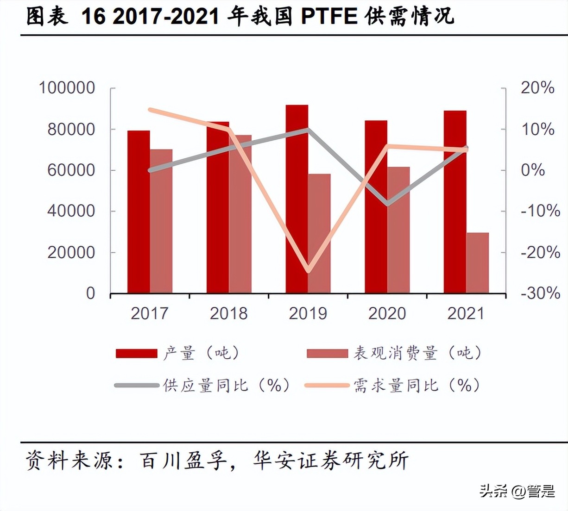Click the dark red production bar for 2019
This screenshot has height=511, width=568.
point(297,199)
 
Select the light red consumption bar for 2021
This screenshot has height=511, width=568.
point(477,263)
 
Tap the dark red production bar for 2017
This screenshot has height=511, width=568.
point(139,212)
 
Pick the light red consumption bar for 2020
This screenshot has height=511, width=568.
point(398,230)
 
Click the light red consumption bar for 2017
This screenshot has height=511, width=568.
point(161,221)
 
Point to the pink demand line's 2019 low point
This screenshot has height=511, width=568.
point(308,271)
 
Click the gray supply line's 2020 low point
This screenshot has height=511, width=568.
point(387,204)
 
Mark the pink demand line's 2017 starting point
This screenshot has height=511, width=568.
point(150,110)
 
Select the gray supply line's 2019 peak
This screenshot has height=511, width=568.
point(308,130)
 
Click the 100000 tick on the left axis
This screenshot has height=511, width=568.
point(67,88)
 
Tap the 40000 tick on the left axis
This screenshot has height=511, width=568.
point(71,211)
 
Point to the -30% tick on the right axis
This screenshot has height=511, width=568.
point(540,293)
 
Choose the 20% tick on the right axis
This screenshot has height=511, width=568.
point(537,88)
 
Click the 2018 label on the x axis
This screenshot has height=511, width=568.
point(229,313)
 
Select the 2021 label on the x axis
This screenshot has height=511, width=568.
point(466,313)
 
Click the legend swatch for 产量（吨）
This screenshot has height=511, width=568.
point(137,354)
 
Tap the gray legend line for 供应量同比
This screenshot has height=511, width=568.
point(137,385)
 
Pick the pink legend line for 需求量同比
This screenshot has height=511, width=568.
point(327,385)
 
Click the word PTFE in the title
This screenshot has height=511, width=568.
point(329,17)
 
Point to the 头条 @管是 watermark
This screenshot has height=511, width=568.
point(517,491)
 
